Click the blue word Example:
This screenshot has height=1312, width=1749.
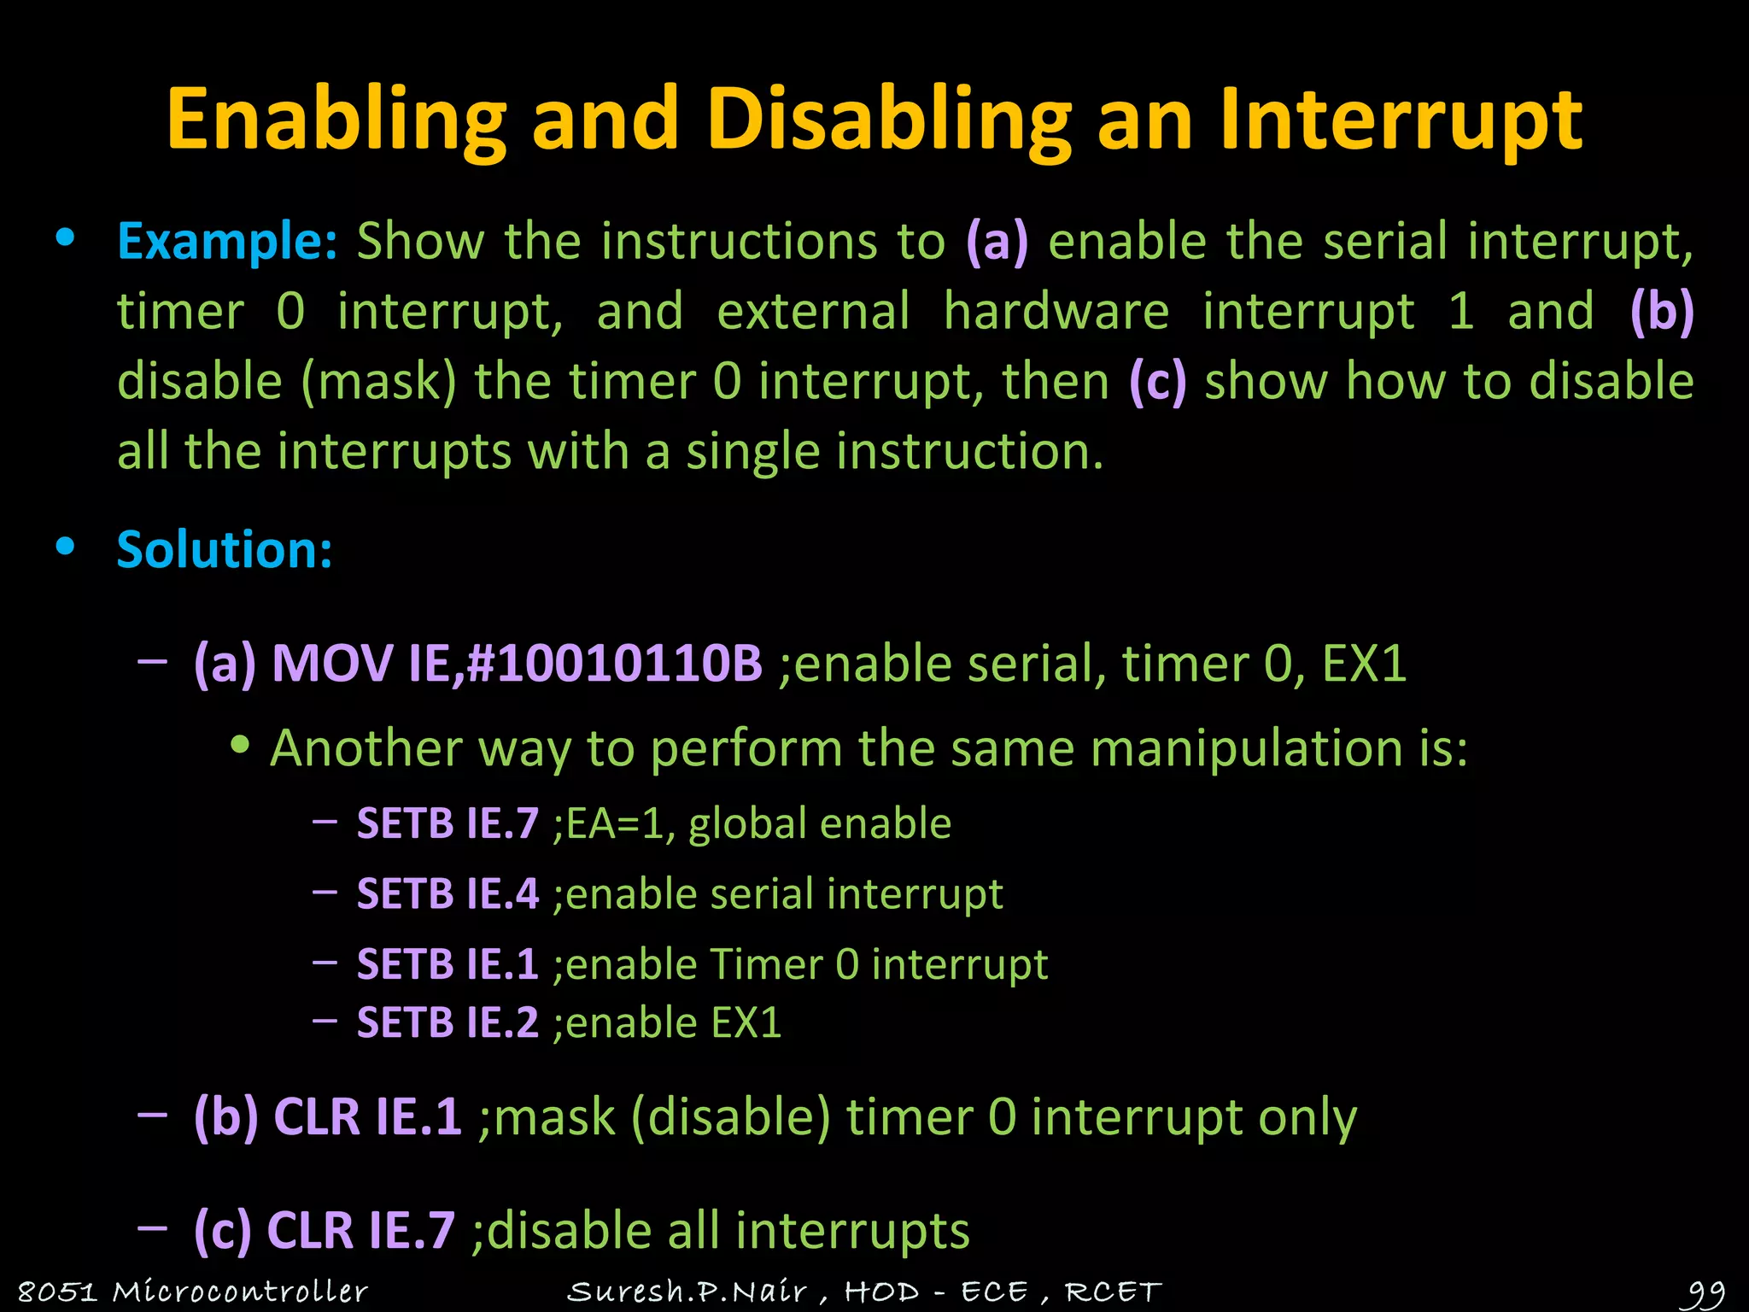point(227,241)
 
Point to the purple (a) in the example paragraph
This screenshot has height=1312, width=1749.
point(997,241)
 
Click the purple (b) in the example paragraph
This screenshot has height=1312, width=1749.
point(1661,311)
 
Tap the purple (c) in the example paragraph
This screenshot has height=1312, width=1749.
point(1157,381)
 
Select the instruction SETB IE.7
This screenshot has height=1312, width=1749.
point(447,823)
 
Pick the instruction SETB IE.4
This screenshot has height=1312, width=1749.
point(447,894)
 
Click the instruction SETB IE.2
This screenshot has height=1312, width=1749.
point(447,1022)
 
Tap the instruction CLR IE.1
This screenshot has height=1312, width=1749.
point(367,1116)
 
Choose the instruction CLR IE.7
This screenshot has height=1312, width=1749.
point(360,1231)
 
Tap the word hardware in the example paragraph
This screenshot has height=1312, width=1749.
point(1056,311)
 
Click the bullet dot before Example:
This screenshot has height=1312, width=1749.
point(65,238)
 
